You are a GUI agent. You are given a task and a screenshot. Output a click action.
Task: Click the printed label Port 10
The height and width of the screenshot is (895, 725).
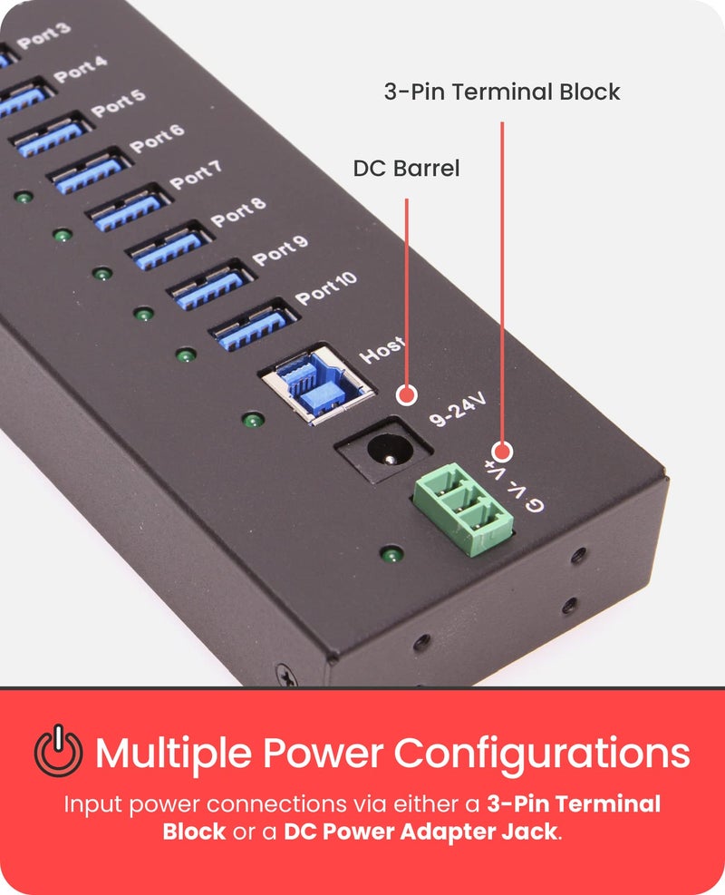(326, 289)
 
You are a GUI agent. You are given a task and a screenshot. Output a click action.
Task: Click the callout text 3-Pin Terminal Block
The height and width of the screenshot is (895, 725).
(502, 92)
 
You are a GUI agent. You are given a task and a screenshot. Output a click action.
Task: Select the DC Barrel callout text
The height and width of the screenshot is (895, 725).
(406, 169)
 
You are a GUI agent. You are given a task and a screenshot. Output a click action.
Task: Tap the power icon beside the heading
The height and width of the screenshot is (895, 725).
(59, 752)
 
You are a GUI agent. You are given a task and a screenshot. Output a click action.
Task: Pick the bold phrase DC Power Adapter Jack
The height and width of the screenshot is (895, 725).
(420, 832)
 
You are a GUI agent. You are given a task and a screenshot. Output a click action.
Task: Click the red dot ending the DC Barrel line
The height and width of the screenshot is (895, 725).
(407, 395)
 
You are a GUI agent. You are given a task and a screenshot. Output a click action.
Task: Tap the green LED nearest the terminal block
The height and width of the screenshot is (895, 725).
(391, 553)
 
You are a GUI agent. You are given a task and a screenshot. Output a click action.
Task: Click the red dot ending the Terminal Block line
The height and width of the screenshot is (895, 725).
(502, 451)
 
